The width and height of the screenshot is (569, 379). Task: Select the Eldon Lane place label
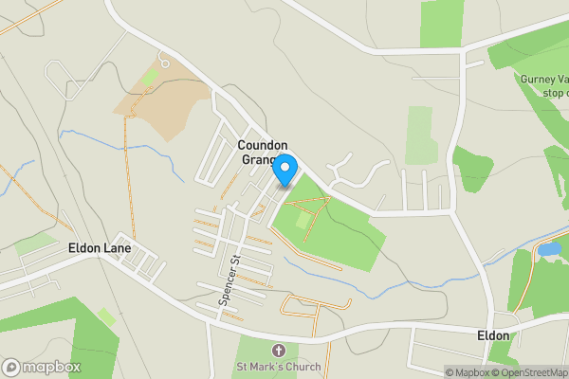point(99,248)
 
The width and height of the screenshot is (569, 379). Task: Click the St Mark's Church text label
point(279,367)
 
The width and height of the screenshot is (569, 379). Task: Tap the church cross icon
point(278,351)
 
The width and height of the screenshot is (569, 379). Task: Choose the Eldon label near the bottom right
point(493,335)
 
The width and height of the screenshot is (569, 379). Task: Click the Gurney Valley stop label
point(542,85)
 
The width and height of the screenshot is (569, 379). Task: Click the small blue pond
point(548,249)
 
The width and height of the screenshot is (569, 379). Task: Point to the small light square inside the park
point(303,220)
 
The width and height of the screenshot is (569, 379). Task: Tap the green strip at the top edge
point(440,21)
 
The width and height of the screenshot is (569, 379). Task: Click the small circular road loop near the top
point(164,63)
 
